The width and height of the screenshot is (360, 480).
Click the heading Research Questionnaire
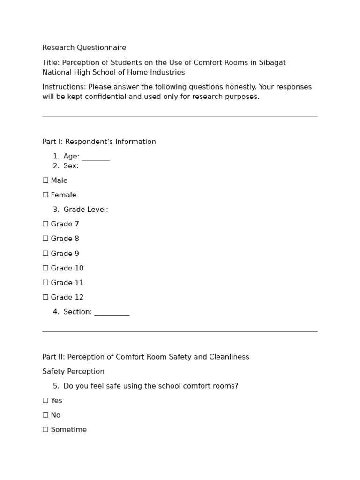point(84,48)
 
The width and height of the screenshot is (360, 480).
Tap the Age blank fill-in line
point(96,157)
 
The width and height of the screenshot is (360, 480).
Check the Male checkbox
point(45,180)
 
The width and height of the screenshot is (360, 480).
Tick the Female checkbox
point(45,195)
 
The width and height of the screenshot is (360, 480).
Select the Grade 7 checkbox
point(45,224)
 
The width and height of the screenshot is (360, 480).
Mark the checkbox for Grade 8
point(45,239)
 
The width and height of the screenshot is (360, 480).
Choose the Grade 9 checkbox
point(45,254)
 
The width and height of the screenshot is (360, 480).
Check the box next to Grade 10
point(45,268)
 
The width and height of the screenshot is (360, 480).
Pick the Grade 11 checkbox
point(45,283)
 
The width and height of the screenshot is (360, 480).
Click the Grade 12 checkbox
point(45,297)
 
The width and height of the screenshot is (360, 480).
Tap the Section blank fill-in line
point(112,313)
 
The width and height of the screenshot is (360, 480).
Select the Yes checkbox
point(45,401)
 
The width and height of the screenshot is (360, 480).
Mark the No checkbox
point(45,415)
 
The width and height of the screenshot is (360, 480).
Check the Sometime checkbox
point(45,430)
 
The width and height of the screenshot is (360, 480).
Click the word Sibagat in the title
point(272,63)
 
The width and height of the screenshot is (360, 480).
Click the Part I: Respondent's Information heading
point(99,142)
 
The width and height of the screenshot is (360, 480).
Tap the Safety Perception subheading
point(73,372)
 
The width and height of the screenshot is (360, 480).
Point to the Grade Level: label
point(86,210)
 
